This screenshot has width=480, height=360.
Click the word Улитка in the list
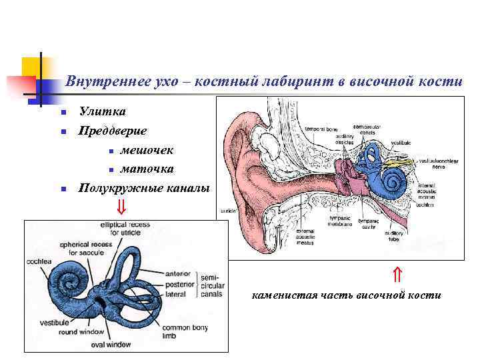(x=102, y=111)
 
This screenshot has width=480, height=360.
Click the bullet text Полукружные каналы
(x=143, y=188)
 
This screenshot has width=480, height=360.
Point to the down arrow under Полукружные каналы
(x=121, y=206)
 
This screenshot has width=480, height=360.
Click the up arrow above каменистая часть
(x=396, y=273)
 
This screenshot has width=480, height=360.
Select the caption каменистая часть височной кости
(x=347, y=295)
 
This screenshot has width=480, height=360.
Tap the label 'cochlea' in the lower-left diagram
(x=39, y=261)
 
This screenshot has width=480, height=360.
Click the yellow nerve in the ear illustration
(x=399, y=162)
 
